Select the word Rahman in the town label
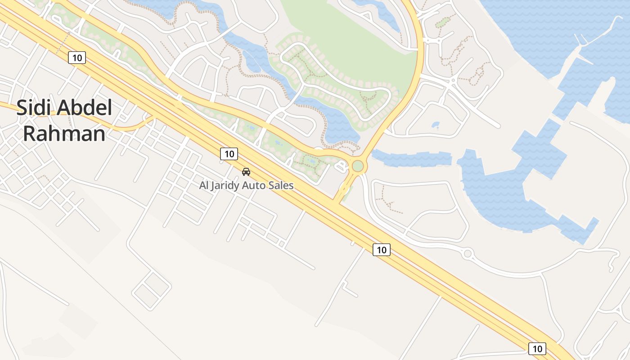point(64,134)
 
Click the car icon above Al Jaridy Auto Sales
point(246,171)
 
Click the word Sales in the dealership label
point(283,185)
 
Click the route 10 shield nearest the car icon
point(229,154)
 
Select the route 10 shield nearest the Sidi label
point(77,58)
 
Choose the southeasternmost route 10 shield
point(537,348)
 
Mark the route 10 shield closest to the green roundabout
point(381,249)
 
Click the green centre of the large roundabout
point(358,166)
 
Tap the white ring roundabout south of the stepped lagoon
point(468,254)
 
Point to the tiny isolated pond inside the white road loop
point(435,125)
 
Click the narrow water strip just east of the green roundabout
point(412,159)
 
